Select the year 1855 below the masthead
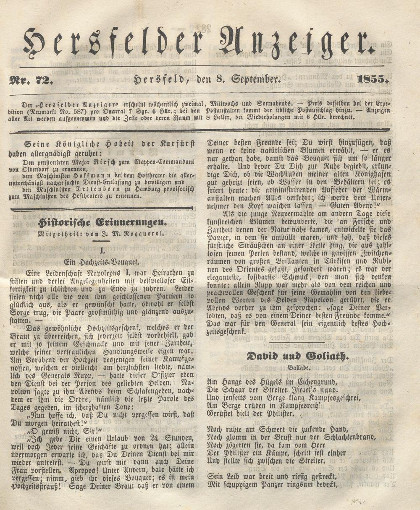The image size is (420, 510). (371, 79)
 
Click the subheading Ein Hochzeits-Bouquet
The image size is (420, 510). (102, 260)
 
